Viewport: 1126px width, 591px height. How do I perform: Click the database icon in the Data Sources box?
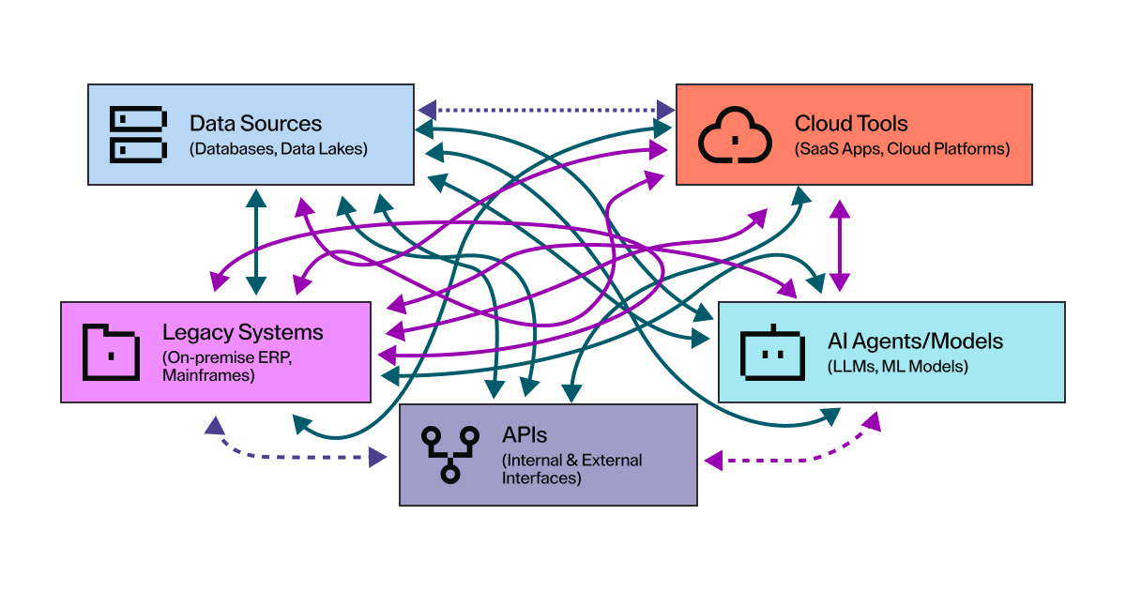coord(138,133)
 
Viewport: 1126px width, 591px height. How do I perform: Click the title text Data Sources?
coord(255,123)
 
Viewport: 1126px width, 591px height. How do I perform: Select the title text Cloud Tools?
coord(850,123)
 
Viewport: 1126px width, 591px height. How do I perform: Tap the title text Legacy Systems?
coord(242,332)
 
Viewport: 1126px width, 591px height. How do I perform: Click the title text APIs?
coord(525,435)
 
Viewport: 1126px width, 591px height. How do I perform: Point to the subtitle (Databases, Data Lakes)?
coord(278,148)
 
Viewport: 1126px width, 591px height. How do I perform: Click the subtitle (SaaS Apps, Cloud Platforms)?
coord(902,148)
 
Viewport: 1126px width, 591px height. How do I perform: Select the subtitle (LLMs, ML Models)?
coord(897,366)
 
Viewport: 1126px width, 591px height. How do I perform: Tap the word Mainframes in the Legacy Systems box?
coord(207,375)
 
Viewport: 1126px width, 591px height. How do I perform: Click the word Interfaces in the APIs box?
coord(542,477)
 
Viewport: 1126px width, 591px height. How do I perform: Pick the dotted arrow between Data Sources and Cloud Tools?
coord(545,110)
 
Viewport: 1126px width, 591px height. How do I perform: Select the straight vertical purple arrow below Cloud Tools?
coord(839,242)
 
